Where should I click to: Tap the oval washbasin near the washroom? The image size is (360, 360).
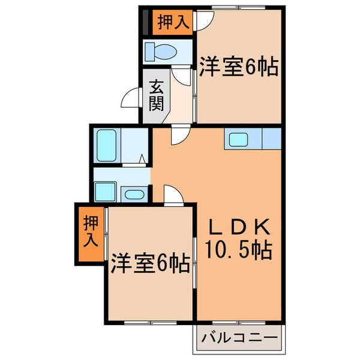coord(133,193)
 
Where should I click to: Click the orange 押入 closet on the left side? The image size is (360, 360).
coord(88,234)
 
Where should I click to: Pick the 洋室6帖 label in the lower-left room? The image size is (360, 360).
coord(150,262)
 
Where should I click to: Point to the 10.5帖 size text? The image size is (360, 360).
coord(239,247)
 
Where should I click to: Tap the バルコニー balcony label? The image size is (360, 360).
coord(238,340)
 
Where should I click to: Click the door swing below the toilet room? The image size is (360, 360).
coord(179,76)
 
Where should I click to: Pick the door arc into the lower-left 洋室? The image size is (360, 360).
coord(172,194)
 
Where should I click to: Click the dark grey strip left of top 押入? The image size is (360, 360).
coord(144,22)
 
